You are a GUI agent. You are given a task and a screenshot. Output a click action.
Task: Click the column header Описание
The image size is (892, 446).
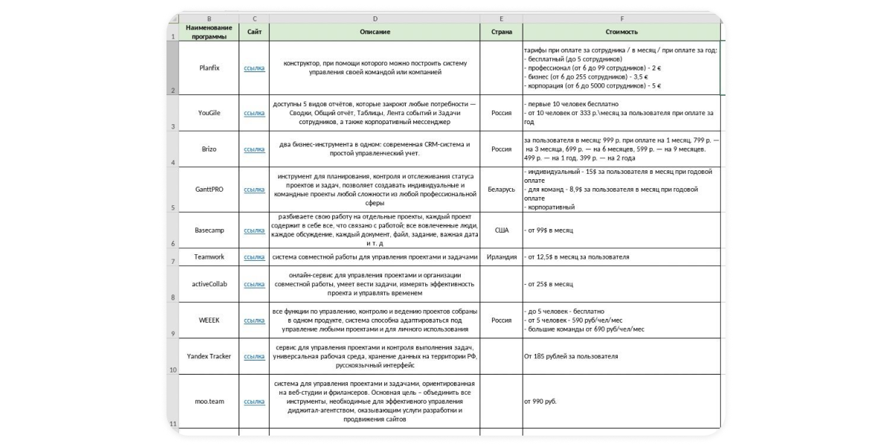[374, 32]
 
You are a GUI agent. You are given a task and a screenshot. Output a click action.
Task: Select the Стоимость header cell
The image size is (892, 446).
[621, 32]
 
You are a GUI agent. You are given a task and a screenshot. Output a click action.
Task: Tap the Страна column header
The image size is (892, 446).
[501, 32]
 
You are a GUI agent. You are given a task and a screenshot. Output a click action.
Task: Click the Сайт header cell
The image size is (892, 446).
[254, 32]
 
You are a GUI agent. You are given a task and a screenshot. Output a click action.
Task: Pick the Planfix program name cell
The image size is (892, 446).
[209, 68]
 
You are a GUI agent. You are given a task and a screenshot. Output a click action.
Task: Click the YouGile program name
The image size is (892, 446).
[209, 113]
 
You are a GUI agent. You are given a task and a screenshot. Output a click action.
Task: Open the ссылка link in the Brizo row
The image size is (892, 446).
[254, 149]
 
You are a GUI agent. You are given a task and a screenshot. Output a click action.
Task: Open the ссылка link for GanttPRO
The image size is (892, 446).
[254, 190]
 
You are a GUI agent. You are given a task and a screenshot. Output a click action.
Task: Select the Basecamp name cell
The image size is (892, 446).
[209, 230]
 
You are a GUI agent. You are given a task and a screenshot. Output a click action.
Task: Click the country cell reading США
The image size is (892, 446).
[501, 230]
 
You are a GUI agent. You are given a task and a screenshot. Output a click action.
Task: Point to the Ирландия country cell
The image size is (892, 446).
[501, 257]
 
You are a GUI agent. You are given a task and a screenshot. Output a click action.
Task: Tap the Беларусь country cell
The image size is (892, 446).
[501, 190]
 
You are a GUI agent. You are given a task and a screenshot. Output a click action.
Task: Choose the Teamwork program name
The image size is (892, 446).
[209, 257]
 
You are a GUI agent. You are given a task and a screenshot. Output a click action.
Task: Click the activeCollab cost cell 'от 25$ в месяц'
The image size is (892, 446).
[549, 284]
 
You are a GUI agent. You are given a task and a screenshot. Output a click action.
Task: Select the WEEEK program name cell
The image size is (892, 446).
[209, 320]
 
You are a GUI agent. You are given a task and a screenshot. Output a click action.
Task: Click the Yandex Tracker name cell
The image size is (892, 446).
[209, 356]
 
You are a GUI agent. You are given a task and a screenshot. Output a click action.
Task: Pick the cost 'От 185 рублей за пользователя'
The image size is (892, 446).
[571, 356]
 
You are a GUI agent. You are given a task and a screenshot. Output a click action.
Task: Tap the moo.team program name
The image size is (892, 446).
[209, 401]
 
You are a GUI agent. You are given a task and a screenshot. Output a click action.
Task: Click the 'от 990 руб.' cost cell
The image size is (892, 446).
[540, 401]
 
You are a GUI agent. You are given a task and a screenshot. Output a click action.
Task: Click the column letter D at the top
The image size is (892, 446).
[374, 18]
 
